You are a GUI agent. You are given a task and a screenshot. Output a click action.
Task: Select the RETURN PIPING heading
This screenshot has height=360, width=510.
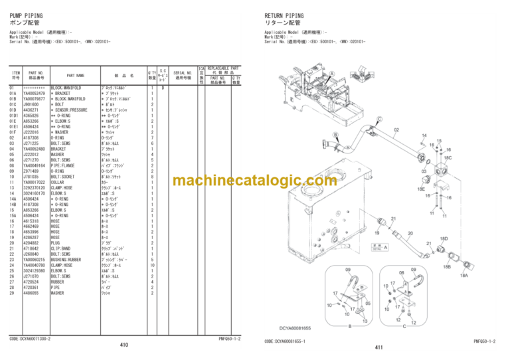[x=284, y=16]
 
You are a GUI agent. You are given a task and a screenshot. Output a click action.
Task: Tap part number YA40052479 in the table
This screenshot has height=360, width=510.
[x=35, y=94]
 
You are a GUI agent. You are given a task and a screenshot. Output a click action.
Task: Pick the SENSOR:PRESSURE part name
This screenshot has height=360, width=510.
[x=69, y=110]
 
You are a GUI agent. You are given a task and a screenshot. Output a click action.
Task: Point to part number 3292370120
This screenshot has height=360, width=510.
[x=35, y=187]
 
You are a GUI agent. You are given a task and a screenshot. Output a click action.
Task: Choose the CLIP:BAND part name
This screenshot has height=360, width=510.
[x=64, y=248]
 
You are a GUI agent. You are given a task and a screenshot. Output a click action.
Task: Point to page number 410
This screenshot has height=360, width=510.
[x=124, y=346]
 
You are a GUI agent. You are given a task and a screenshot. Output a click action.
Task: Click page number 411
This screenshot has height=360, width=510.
[x=379, y=347]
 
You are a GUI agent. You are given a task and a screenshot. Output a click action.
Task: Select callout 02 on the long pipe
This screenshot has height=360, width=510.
[x=396, y=130]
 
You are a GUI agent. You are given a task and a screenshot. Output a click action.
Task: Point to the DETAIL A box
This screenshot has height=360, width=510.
[x=379, y=246]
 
